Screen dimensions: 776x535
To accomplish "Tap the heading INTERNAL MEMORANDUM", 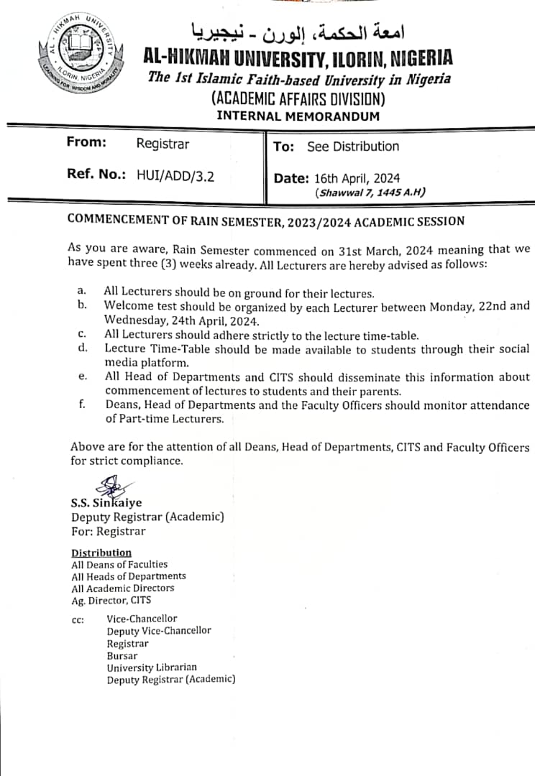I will tap(298, 116).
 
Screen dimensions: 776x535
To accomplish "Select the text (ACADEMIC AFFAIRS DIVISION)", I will tap(298, 98).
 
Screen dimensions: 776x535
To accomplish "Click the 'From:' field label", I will tap(86, 142).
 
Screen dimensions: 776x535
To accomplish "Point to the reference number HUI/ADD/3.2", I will tap(175, 175).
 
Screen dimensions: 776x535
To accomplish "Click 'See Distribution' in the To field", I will tap(352, 147).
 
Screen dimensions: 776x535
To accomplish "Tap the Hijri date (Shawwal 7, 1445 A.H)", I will tap(370, 193).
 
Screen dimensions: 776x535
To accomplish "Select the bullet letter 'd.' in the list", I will tap(83, 348).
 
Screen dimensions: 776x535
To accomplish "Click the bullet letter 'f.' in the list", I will tap(82, 405).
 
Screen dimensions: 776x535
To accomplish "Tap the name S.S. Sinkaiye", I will tap(106, 504).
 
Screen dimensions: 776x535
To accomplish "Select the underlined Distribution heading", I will tap(101, 553).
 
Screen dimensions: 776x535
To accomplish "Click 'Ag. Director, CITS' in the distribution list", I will tap(111, 600).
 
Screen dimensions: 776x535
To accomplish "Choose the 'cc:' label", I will tap(78, 619).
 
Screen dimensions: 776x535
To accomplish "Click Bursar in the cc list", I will tap(122, 655).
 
